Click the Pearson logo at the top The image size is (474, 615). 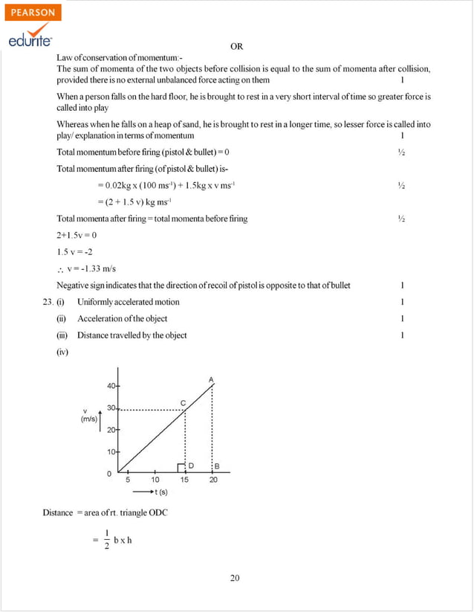point(32,13)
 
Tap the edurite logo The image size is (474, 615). point(30,41)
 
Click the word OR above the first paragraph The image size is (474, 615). point(236,46)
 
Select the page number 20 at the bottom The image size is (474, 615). point(235,578)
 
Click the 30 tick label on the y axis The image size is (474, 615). point(110,408)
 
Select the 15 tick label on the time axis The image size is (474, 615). point(184,480)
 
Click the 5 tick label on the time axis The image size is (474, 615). point(127,480)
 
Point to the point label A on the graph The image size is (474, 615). point(212,380)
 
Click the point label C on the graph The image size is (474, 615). point(183,402)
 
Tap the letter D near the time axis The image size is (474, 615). point(191,466)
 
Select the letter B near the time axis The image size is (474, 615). point(217,466)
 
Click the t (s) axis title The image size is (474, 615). point(155,492)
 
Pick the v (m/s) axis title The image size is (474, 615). point(88,416)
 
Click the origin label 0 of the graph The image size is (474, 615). point(109,473)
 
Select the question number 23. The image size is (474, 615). point(49,302)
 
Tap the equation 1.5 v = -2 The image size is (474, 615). point(74,251)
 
